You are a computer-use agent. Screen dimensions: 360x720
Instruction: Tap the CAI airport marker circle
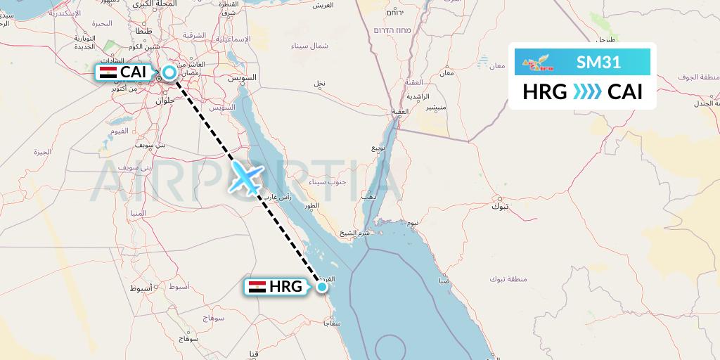[x=169, y=72]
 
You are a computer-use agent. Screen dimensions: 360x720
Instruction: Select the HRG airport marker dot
[x=322, y=286]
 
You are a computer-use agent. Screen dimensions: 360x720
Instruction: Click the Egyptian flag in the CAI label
[x=108, y=72]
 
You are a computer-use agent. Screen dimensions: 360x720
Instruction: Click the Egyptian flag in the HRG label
[x=257, y=287]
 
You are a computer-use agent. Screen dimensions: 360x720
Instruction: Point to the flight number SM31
[x=598, y=62]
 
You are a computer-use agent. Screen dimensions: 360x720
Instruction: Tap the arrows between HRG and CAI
[x=587, y=92]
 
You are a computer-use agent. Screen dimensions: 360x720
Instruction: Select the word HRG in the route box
[x=544, y=92]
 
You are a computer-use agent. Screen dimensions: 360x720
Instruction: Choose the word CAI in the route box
[x=625, y=92]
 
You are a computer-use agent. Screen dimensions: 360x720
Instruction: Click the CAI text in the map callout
[x=134, y=72]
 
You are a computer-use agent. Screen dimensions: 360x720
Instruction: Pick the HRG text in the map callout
[x=285, y=287]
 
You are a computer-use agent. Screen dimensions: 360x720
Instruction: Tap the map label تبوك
[x=499, y=206]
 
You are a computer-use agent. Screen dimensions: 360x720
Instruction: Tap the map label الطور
[x=307, y=207]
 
